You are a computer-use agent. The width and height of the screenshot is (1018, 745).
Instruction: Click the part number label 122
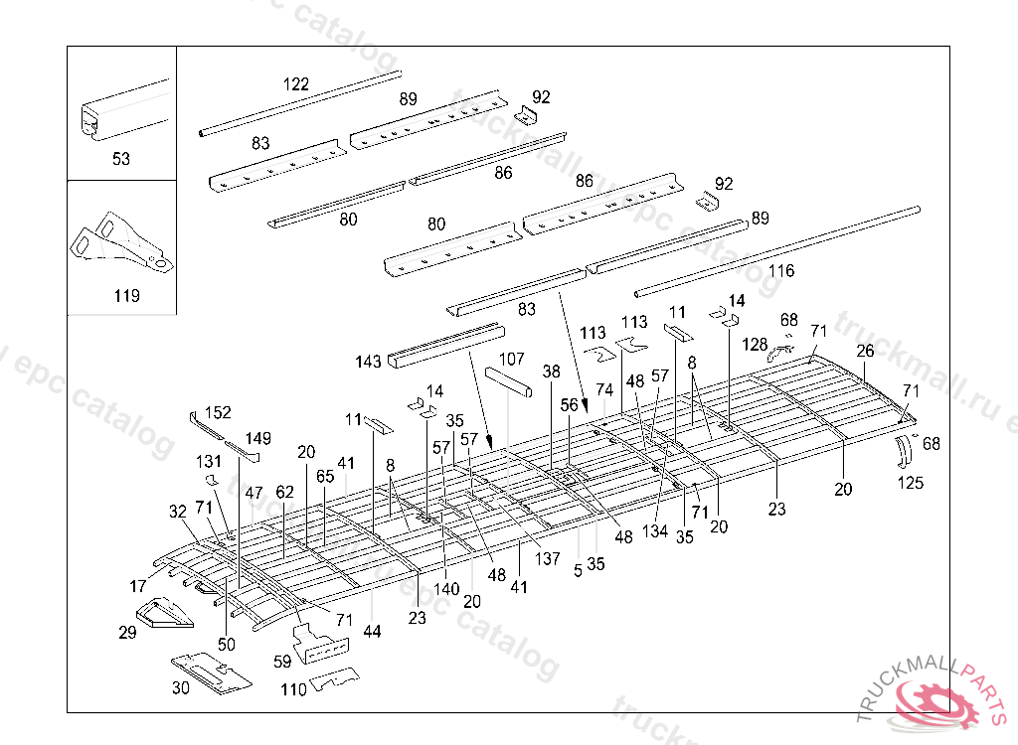point(296,84)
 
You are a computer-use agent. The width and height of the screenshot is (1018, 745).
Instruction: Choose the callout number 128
point(756,345)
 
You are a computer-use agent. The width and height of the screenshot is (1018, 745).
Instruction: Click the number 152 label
point(218,413)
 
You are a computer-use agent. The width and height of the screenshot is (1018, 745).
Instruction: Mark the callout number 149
point(258,438)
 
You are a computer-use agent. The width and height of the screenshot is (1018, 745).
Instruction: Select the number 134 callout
point(654,531)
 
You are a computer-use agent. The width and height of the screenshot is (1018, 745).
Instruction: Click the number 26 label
point(866,351)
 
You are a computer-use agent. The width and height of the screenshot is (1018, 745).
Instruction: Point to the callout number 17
point(138,587)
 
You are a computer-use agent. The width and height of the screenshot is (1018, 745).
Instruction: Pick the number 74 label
point(604,389)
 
